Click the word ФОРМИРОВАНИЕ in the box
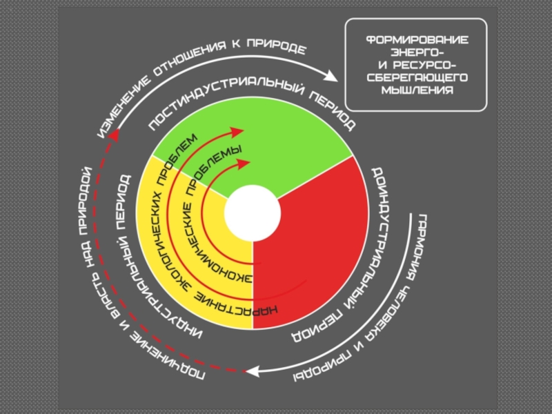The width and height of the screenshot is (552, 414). pyautogui.click(x=416, y=40)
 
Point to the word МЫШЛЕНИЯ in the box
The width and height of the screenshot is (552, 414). pyautogui.click(x=416, y=90)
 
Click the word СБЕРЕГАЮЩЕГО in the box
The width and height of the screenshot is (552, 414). pyautogui.click(x=416, y=77)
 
